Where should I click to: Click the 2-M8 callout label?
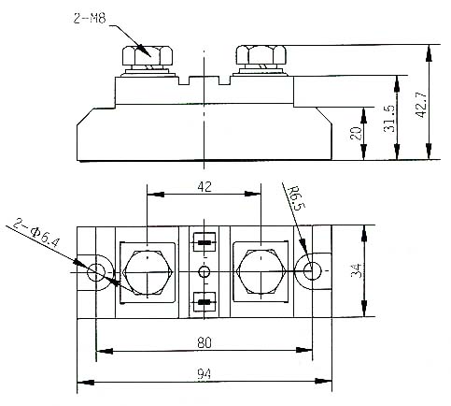click(x=90, y=18)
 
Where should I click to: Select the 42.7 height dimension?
click(x=421, y=105)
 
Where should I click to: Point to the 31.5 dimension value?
click(x=389, y=119)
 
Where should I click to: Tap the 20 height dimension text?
click(x=356, y=133)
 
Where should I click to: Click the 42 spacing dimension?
click(x=204, y=186)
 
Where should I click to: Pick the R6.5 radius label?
click(x=297, y=198)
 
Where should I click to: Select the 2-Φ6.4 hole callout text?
click(x=35, y=233)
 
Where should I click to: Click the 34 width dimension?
click(x=357, y=270)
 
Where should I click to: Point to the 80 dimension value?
click(x=204, y=342)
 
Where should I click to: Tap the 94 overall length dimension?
click(x=204, y=374)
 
